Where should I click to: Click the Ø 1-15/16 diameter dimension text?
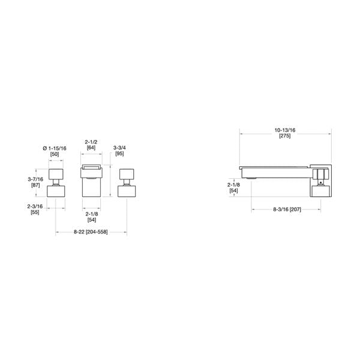coord(58,148)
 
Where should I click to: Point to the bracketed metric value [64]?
coord(91,148)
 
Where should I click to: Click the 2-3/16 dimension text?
coord(35,206)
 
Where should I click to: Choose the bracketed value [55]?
coord(35,212)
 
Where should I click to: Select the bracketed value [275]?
coord(285,137)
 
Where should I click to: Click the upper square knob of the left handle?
coord(56,176)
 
